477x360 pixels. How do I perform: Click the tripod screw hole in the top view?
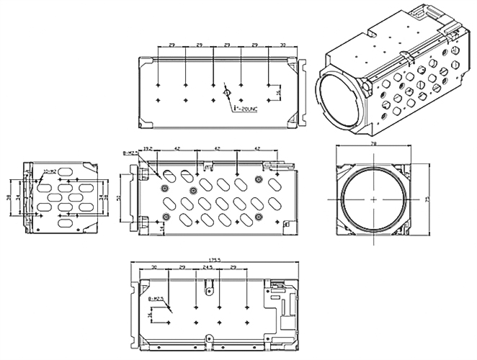[226, 93]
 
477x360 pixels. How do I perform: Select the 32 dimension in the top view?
[282, 45]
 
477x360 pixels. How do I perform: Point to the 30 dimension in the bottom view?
[154, 267]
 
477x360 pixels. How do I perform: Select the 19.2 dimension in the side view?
[148, 149]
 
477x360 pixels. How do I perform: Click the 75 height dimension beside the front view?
[427, 199]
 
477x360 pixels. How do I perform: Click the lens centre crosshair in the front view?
[373, 198]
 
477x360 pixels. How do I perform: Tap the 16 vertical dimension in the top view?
[278, 92]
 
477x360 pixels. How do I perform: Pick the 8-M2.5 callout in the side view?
[130, 153]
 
